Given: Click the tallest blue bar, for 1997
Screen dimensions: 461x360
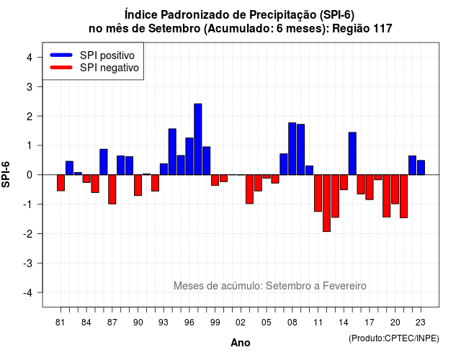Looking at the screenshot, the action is (198, 139).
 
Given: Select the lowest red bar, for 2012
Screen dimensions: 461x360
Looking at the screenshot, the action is (326, 203).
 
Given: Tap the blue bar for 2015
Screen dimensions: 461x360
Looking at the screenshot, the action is (352, 153).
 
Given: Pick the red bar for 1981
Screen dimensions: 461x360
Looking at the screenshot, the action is (61, 183).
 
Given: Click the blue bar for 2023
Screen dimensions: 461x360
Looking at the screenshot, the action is (421, 168).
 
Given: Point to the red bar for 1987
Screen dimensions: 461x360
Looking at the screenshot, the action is (112, 189).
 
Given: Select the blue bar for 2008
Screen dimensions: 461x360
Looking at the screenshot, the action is (292, 149).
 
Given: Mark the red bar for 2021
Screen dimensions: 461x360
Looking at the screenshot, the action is (403, 197).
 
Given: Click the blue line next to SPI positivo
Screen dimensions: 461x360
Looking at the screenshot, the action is (61, 55).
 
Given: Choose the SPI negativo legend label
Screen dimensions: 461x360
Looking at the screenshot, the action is (109, 68).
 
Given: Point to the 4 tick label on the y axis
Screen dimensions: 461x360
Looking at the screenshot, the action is (30, 58).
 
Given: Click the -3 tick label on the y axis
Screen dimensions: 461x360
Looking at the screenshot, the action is (27, 263).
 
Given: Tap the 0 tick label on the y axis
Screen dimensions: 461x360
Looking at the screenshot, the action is (30, 175).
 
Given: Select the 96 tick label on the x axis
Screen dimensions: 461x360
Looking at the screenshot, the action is (189, 323).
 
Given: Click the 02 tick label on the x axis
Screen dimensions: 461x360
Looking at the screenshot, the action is (241, 323).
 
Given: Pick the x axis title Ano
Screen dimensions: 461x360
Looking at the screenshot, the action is (241, 343).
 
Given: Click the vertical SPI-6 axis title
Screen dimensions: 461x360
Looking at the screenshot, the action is (6, 174).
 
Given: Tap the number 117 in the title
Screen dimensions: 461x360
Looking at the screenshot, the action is (382, 29).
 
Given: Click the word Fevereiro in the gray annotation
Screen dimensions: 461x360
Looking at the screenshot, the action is (344, 286).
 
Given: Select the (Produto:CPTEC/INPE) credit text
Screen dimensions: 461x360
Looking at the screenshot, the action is (394, 338).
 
